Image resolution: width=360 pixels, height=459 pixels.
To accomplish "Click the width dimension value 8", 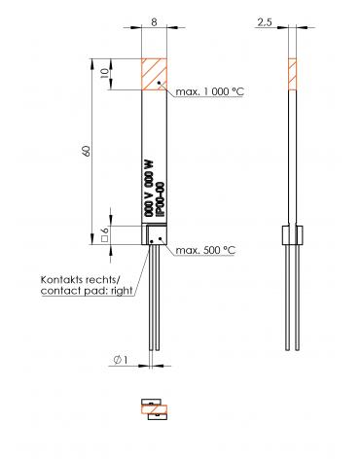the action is pyautogui.click(x=154, y=22).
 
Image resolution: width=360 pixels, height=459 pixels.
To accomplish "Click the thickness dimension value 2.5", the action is pyautogui.click(x=265, y=22).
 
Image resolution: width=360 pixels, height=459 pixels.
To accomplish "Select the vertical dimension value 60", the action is pyautogui.click(x=87, y=151).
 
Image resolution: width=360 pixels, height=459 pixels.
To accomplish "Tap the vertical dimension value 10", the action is pyautogui.click(x=104, y=74).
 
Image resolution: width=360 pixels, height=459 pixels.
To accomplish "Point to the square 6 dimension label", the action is pyautogui.click(x=104, y=235).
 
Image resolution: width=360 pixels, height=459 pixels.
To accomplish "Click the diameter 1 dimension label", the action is pyautogui.click(x=121, y=360).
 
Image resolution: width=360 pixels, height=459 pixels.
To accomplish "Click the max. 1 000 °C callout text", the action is pyautogui.click(x=209, y=91).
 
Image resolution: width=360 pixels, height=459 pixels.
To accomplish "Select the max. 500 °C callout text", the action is pyautogui.click(x=205, y=250).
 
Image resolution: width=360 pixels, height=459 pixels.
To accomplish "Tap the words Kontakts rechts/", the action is pyautogui.click(x=81, y=279).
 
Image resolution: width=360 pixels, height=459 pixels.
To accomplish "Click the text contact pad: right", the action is pyautogui.click(x=87, y=291).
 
